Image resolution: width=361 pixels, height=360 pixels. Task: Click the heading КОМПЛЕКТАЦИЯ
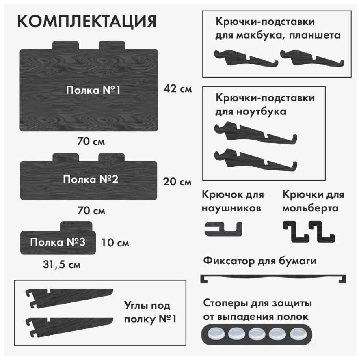coord(87,22)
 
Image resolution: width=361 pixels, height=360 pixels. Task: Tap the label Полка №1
coord(93,90)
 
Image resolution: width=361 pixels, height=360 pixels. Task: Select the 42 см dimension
coord(177,89)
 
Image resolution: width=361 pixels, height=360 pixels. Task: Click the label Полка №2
coord(91,179)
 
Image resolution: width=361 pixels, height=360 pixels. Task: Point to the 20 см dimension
coord(177,182)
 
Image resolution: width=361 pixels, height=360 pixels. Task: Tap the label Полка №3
coord(58,242)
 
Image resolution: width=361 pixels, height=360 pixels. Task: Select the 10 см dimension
coord(115,243)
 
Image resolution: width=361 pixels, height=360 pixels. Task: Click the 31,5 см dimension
coord(62,265)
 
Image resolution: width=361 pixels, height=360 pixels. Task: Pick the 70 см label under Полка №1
coord(91,141)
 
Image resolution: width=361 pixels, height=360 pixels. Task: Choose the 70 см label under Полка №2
coord(91,211)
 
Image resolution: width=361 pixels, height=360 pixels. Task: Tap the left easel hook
coord(296,231)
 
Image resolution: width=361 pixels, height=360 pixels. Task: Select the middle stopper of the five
coord(257,334)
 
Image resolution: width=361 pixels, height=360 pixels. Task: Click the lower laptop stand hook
coord(255,160)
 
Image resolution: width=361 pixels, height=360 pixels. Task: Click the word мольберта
coord(310,208)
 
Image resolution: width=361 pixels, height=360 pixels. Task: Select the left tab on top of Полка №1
coord(66,45)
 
